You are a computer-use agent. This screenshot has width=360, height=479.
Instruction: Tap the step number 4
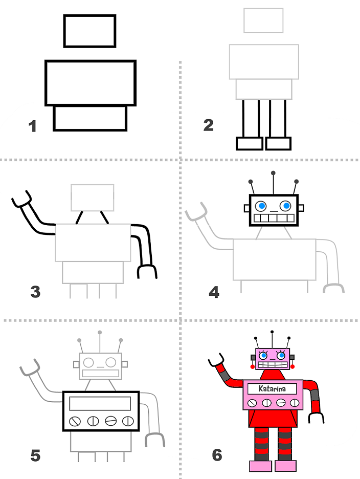[214, 292]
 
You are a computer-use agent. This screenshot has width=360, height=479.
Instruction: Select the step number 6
[217, 454]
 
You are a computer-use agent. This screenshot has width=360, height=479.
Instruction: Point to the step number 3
[35, 292]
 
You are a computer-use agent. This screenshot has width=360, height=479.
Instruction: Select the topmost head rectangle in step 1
[89, 31]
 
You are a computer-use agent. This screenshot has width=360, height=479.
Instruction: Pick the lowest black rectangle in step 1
[90, 118]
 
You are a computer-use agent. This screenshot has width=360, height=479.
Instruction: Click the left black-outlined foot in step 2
[249, 143]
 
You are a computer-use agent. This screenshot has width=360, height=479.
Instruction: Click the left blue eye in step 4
[261, 206]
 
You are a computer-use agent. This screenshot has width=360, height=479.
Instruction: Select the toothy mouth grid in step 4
[274, 219]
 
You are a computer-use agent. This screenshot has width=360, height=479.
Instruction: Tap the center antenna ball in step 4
[273, 173]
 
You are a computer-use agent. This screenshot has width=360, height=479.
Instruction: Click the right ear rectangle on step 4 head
[301, 208]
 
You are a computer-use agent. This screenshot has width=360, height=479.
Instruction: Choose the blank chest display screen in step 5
[100, 403]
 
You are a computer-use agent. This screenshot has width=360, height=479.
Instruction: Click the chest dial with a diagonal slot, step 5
[75, 421]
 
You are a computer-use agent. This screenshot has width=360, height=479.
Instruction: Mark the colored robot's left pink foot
[260, 466]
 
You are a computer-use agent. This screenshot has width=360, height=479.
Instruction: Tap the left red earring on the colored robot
[253, 367]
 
